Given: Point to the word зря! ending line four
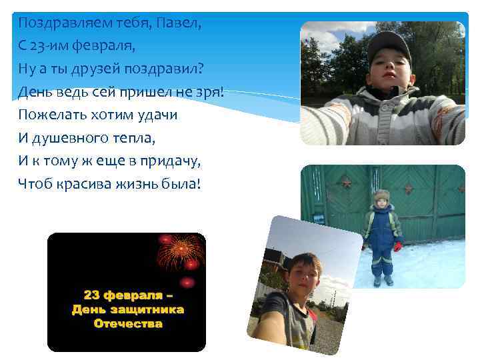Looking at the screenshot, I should click(x=207, y=91).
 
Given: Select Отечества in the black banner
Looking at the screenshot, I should click(x=128, y=324).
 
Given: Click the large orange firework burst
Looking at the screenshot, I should click(x=180, y=251).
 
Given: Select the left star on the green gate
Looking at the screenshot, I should click(x=346, y=182).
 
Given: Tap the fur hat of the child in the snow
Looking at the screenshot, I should click(x=381, y=197).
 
